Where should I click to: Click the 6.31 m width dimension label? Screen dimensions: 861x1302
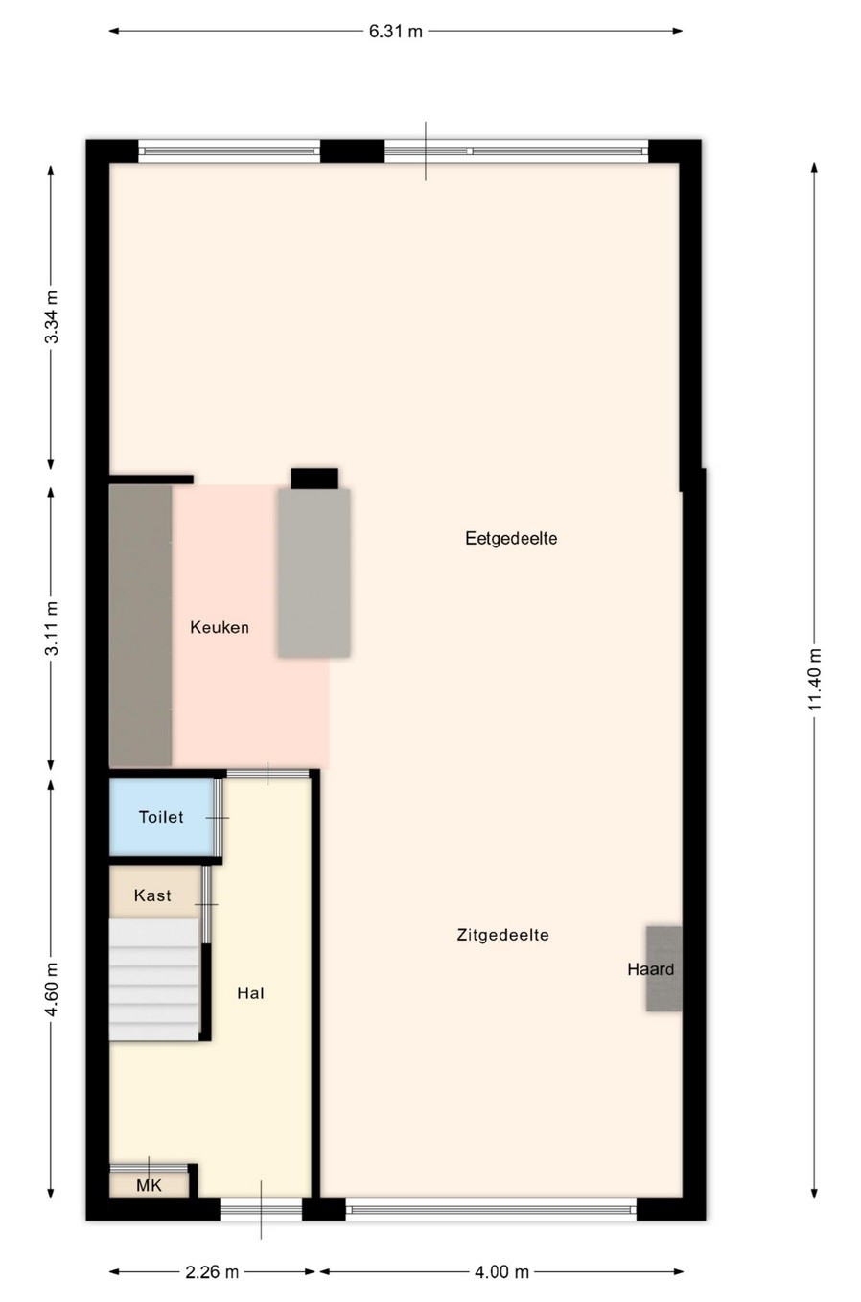tap(395, 32)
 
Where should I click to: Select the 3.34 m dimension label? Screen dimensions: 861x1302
tap(52, 316)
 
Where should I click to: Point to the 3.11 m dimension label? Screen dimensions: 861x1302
tap(52, 628)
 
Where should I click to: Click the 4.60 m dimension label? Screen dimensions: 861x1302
tap(52, 989)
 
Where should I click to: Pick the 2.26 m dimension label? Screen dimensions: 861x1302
tap(212, 1272)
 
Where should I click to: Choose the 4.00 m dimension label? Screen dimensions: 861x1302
tap(501, 1272)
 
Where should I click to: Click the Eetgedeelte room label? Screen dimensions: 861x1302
tap(511, 538)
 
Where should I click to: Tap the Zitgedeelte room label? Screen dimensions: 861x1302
tap(502, 935)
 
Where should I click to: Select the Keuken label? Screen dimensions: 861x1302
tap(220, 627)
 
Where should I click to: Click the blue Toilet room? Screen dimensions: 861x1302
tap(162, 817)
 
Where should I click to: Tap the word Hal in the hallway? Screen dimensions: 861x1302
tap(250, 992)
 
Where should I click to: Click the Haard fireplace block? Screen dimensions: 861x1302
tap(663, 969)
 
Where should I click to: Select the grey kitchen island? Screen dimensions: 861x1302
tap(314, 572)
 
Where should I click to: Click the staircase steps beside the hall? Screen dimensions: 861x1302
tap(154, 980)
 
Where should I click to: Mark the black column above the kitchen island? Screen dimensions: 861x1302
tap(314, 478)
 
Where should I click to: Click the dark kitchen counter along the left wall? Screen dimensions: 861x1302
tap(141, 625)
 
